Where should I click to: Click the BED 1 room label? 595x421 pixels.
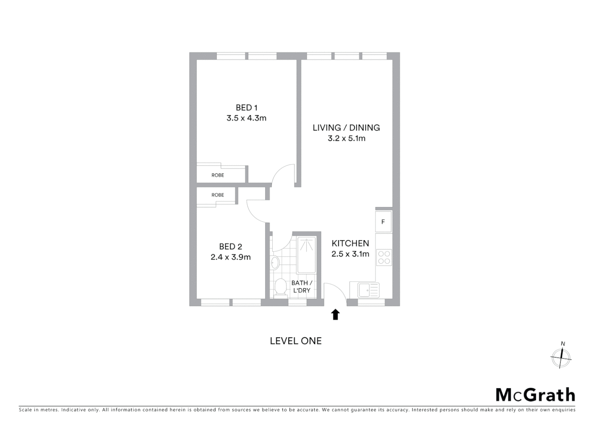pyautogui.click(x=246, y=108)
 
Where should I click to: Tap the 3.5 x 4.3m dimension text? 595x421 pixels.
pyautogui.click(x=246, y=118)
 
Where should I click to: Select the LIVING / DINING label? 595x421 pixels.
pyautogui.click(x=346, y=127)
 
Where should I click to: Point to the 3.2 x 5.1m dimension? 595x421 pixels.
pyautogui.click(x=347, y=138)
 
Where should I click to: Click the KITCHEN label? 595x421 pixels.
pyautogui.click(x=350, y=243)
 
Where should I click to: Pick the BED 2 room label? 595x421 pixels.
pyautogui.click(x=231, y=246)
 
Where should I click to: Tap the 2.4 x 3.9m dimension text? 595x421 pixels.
pyautogui.click(x=231, y=257)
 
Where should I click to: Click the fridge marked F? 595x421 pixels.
pyautogui.click(x=383, y=222)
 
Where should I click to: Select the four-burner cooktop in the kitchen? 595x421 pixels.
pyautogui.click(x=384, y=258)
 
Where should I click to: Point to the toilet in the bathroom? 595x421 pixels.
pyautogui.click(x=280, y=288)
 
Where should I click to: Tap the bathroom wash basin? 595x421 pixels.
pyautogui.click(x=275, y=263)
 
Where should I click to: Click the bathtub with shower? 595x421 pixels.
pyautogui.click(x=306, y=255)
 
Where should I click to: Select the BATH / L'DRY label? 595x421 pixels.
pyautogui.click(x=302, y=287)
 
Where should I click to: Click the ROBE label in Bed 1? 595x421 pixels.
pyautogui.click(x=218, y=175)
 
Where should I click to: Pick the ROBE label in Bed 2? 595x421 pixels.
pyautogui.click(x=218, y=195)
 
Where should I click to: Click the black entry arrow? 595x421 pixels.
pyautogui.click(x=335, y=315)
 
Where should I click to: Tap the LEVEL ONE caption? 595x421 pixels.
pyautogui.click(x=296, y=341)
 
